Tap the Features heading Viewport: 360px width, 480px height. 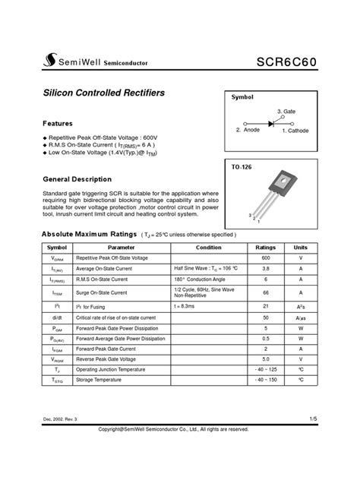58,122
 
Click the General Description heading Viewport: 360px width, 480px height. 77,179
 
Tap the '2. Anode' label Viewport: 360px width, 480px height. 247,131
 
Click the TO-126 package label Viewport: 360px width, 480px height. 241,164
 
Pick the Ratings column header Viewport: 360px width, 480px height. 265,248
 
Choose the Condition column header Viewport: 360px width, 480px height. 209,248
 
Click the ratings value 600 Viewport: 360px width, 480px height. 265,258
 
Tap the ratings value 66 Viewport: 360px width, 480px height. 265,292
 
